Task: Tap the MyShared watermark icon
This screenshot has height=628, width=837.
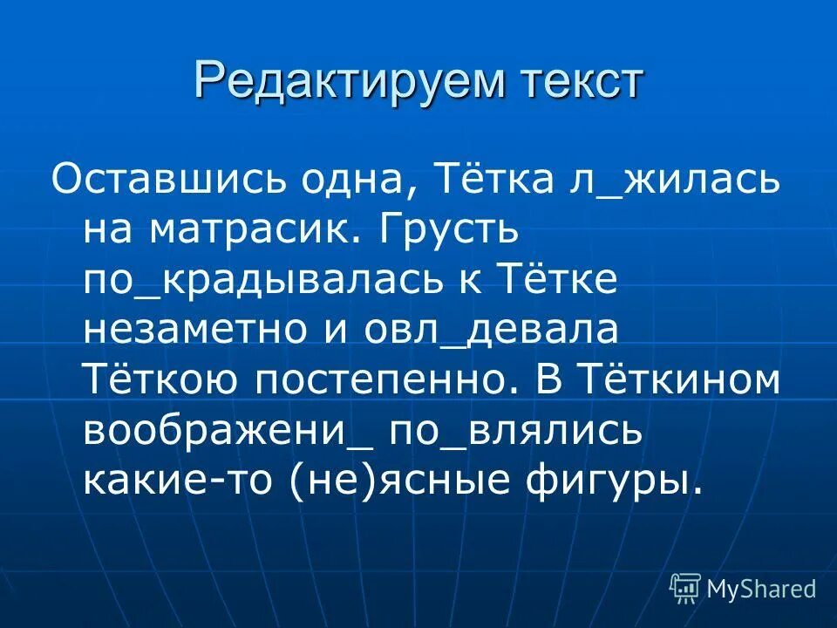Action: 685,589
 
